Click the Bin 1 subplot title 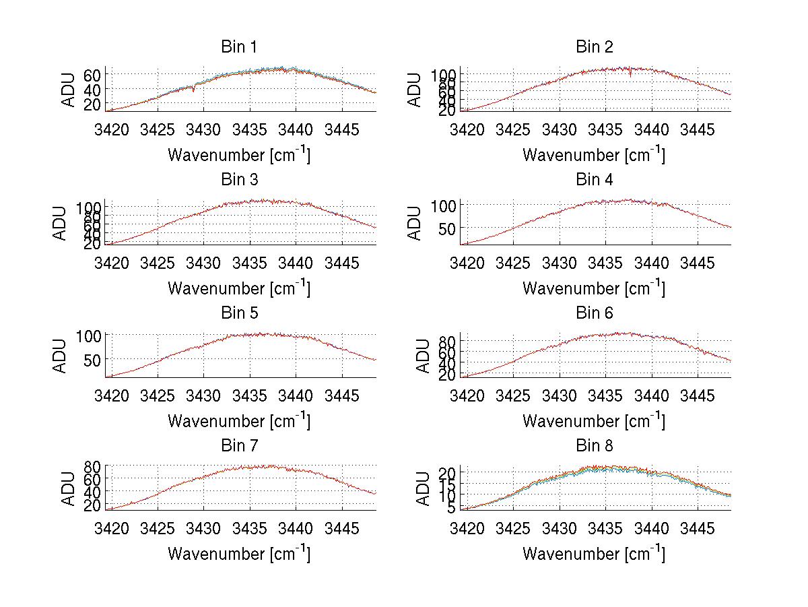(x=239, y=47)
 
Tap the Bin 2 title (x=595, y=47)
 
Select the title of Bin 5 (x=239, y=313)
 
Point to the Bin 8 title (x=595, y=446)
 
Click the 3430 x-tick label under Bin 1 (x=203, y=129)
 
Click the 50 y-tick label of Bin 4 (x=447, y=228)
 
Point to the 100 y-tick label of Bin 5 (x=88, y=336)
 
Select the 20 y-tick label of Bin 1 (x=92, y=104)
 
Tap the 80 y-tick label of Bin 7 (x=92, y=466)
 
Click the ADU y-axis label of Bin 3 (x=61, y=223)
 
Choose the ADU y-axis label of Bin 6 (x=422, y=356)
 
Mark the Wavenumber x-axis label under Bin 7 (x=238, y=554)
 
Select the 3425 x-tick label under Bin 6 (x=513, y=395)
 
